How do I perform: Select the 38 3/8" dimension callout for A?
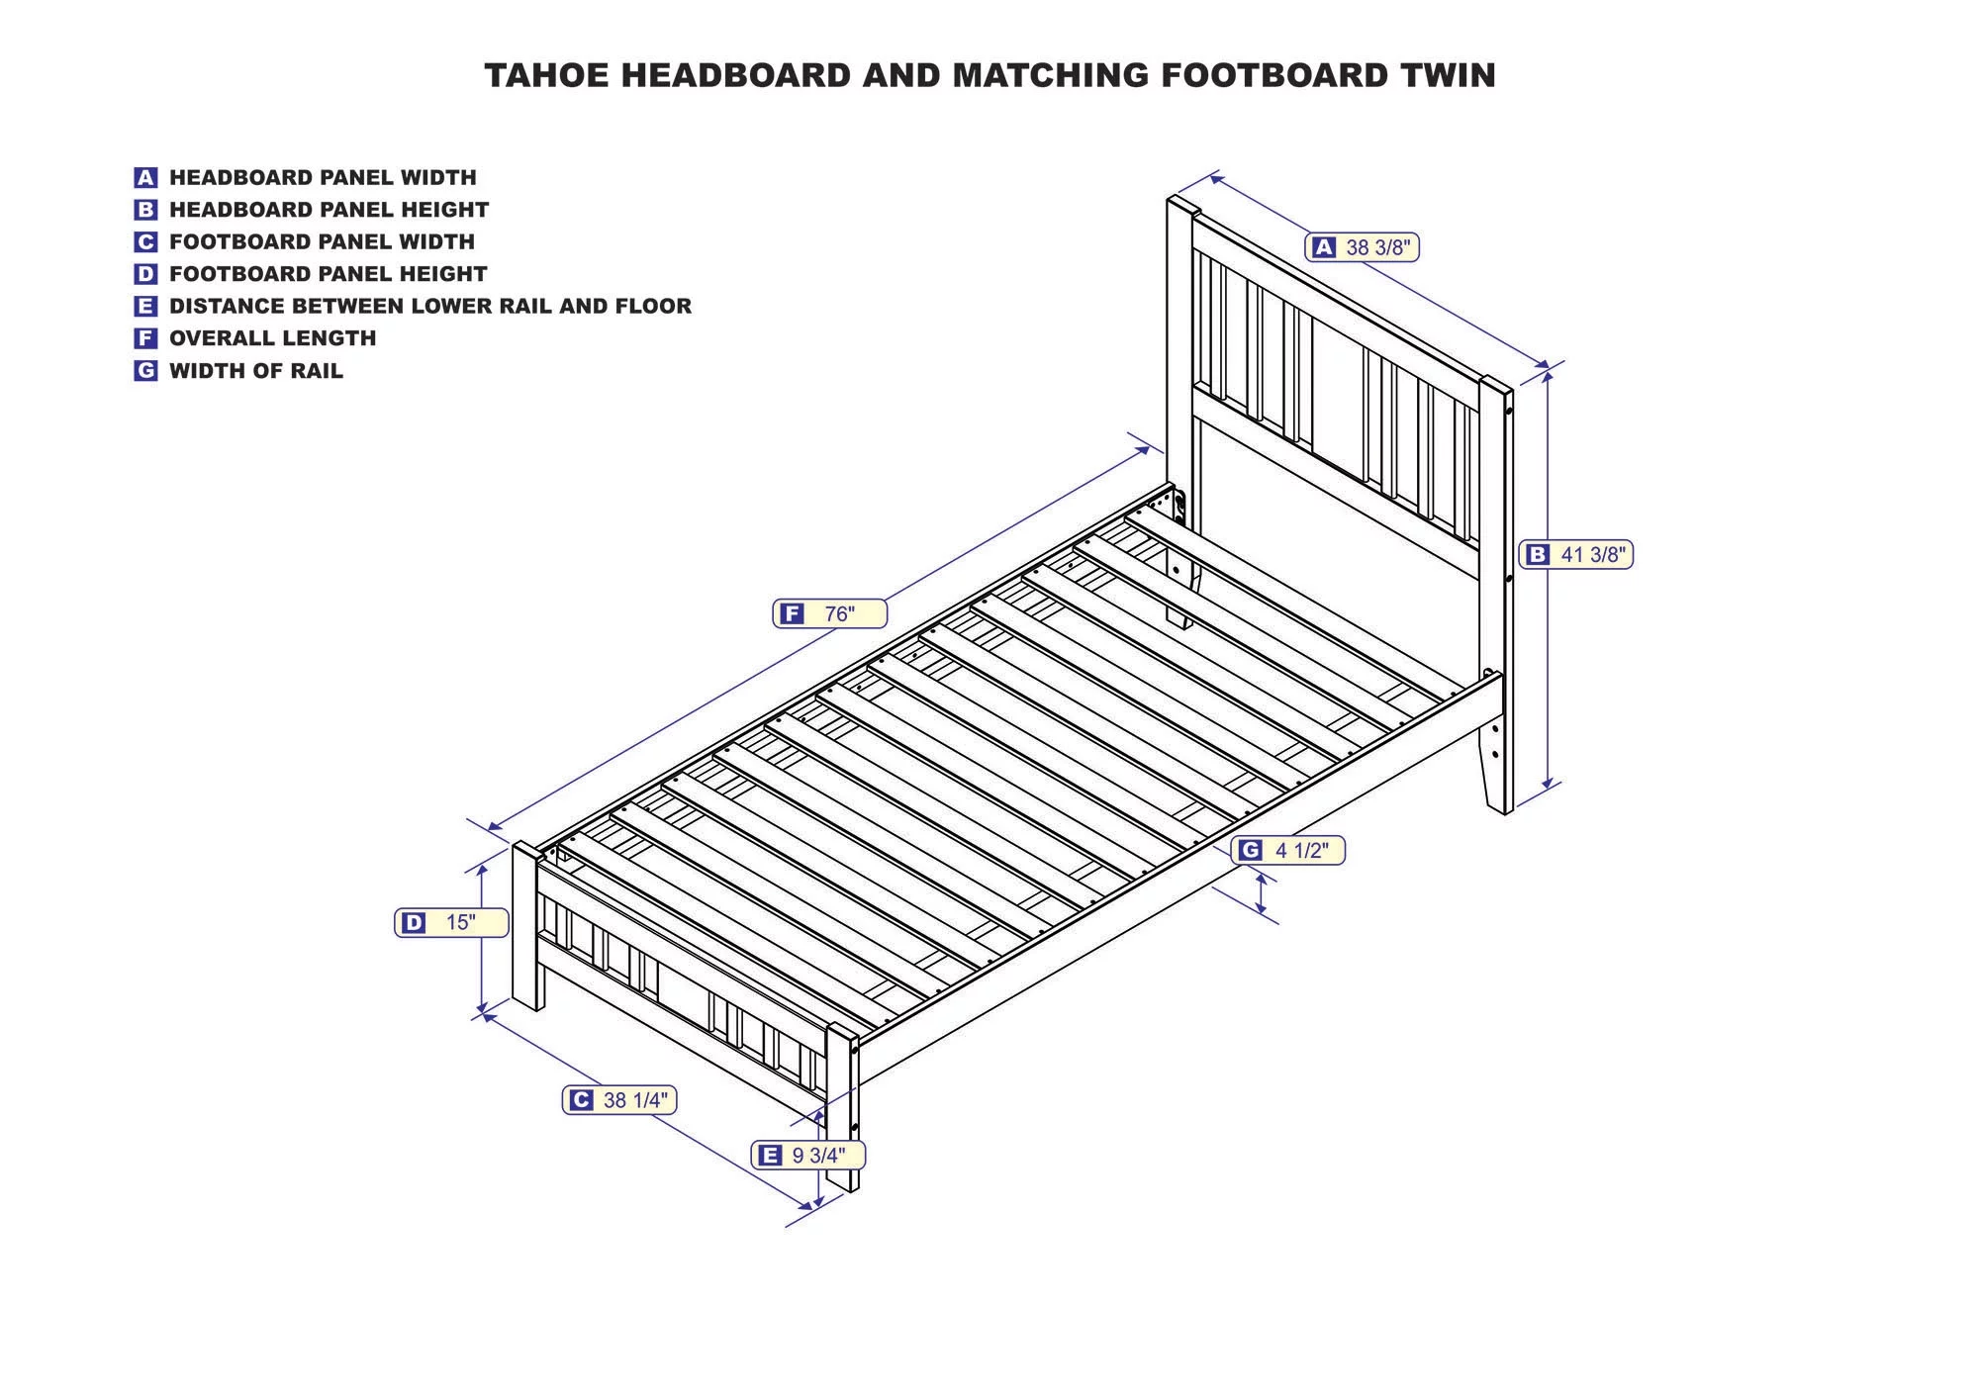click(1363, 247)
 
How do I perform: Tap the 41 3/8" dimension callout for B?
click(1576, 555)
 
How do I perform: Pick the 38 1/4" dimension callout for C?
click(619, 1100)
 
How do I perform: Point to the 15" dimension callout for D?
click(451, 923)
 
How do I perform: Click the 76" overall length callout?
click(829, 614)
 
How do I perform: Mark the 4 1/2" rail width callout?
click(1288, 851)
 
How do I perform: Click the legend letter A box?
click(145, 178)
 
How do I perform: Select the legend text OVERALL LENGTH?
click(272, 338)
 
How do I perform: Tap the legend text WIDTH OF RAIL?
click(255, 371)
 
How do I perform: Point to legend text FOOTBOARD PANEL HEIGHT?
click(328, 274)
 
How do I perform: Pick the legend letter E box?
click(145, 307)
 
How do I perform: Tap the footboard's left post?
click(526, 930)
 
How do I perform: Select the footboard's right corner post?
click(842, 1108)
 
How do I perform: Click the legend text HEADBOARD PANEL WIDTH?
click(323, 178)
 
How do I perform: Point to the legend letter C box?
click(145, 242)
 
